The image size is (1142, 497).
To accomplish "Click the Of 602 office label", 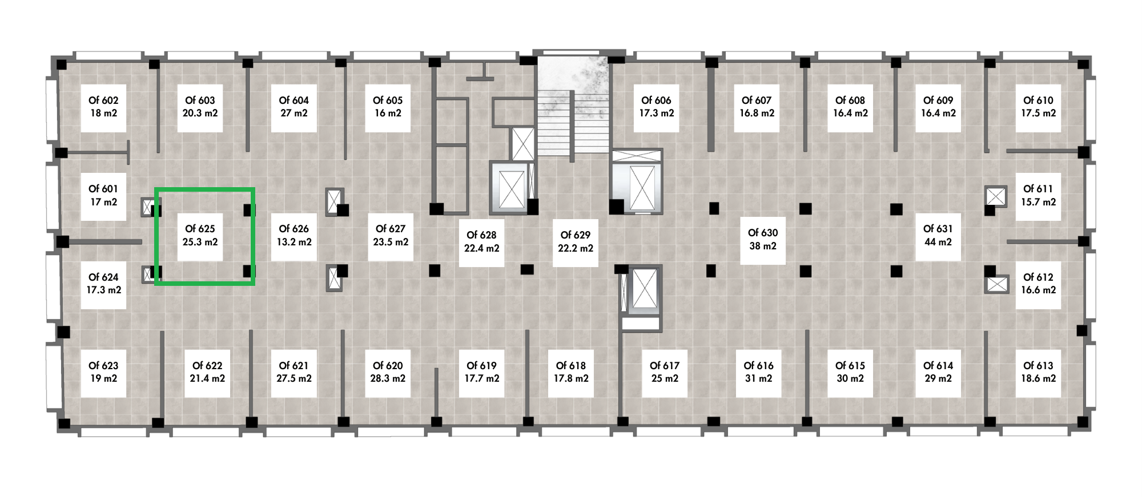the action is [x=103, y=107].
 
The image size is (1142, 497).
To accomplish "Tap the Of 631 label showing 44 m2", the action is [x=938, y=235].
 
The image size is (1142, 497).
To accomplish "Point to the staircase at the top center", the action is [x=573, y=105].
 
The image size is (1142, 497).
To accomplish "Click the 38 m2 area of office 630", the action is [x=763, y=246].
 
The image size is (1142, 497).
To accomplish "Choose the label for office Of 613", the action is [x=1038, y=372].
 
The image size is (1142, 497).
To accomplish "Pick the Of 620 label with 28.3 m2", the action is [x=388, y=372].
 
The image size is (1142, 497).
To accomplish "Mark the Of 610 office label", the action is [x=1038, y=107].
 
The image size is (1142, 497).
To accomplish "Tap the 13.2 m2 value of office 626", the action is [x=294, y=242].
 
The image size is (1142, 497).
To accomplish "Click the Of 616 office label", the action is [x=758, y=372].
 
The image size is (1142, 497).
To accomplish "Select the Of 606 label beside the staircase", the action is [x=656, y=107].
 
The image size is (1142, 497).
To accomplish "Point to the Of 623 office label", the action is [x=103, y=372].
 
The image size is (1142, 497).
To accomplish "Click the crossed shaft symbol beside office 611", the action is [x=996, y=196].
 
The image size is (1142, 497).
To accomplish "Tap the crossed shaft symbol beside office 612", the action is [x=997, y=284].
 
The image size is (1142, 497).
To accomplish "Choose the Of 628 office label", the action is [x=481, y=241].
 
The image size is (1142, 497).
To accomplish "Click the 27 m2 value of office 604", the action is [x=294, y=113].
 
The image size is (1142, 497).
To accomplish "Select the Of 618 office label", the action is [x=571, y=372].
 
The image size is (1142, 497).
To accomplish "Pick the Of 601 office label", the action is [x=103, y=195].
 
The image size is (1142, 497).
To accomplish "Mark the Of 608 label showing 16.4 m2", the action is [x=850, y=107].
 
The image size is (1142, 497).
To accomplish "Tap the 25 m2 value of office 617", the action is [x=665, y=378].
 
